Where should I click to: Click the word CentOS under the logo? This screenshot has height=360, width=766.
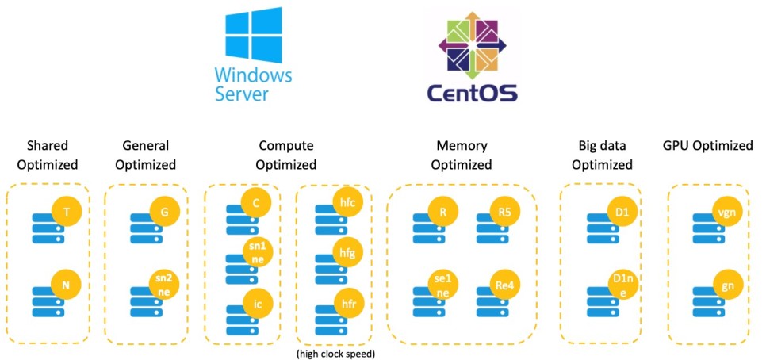point(473,94)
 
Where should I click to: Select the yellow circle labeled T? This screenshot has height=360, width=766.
point(67,212)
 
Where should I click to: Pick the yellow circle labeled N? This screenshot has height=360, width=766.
point(67,284)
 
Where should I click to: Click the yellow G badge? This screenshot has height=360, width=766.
point(164,212)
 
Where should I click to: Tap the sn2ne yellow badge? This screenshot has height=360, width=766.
point(164,284)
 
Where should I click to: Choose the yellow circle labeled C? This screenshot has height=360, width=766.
point(256,203)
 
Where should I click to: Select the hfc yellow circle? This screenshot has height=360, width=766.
point(346,203)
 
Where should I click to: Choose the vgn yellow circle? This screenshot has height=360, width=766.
point(722,212)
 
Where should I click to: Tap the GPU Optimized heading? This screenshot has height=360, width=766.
point(707,146)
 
